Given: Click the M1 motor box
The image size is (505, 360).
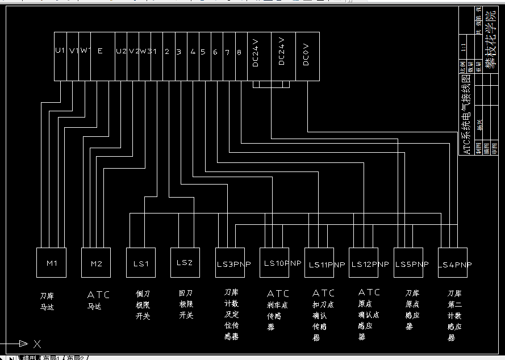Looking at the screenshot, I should point(52,263).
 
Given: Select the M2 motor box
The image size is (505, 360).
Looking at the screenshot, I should point(96,263).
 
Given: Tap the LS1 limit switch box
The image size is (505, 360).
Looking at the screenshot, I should point(141,263).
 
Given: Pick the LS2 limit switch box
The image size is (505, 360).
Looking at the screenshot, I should point(185,263).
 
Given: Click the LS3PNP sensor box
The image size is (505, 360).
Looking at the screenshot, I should point(230,263).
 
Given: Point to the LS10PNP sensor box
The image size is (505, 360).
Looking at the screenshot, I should point(274,263).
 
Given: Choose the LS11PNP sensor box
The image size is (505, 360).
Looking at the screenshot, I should point(319,263).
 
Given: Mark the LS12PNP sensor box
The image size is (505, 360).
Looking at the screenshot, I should point(364,263).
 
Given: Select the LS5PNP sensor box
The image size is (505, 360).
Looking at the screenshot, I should point(408,263).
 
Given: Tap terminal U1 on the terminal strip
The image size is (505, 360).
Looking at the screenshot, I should point(60,51).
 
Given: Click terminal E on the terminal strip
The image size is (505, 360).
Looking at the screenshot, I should point(100,51).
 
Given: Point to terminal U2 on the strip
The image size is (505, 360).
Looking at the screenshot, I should point(121,51).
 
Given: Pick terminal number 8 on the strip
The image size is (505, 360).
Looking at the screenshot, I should point(239,52).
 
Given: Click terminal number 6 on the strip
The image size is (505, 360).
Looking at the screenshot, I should point(215,52).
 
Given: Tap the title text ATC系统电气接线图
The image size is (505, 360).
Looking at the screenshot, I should point(466,114).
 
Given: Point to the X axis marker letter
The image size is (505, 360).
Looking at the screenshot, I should point(37,344).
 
